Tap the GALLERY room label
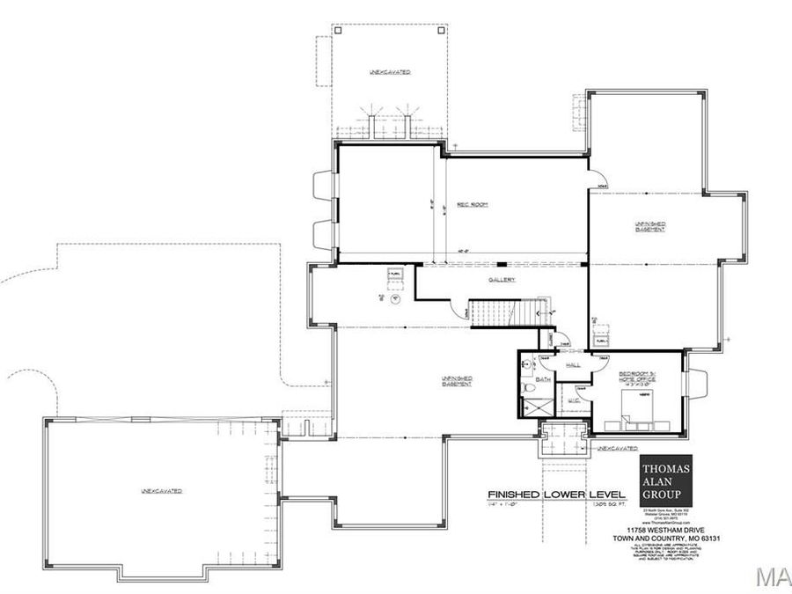[502, 280]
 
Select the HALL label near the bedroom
[573, 363]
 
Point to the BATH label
[543, 379]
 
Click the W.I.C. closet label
[573, 400]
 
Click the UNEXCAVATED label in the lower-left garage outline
[159, 489]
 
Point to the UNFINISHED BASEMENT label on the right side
[650, 227]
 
